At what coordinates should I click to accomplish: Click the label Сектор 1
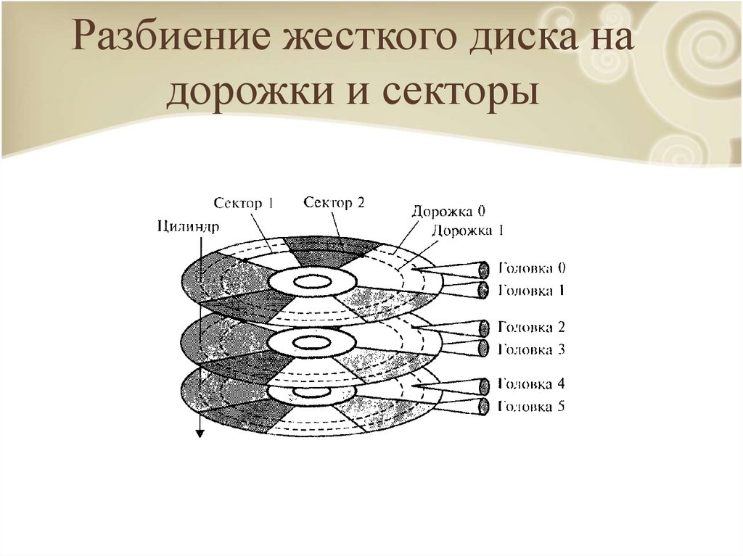pos(244,204)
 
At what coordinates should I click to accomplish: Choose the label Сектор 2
pos(334,202)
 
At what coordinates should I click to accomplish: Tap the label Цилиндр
pos(187,225)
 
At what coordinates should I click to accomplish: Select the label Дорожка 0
pos(448,212)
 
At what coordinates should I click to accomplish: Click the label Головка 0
pos(531,268)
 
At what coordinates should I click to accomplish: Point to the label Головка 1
pos(531,290)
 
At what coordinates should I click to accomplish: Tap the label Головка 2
pos(531,327)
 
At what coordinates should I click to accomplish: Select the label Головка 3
pos(531,349)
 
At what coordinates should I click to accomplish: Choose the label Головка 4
pos(531,384)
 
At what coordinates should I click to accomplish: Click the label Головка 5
pos(531,406)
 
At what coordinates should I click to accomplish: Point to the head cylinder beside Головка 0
pos(482,269)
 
